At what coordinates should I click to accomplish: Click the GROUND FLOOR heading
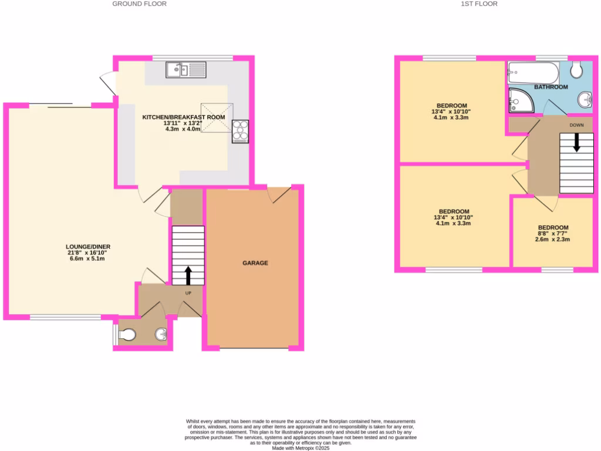140,4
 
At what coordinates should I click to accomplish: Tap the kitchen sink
185,70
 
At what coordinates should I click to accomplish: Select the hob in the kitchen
240,132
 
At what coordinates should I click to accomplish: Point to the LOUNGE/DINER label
89,247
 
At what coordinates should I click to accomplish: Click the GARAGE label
255,263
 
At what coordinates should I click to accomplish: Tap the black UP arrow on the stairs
188,274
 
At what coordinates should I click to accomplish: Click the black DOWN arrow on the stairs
577,142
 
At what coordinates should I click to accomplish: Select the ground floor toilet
126,335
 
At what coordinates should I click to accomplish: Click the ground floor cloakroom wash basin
161,335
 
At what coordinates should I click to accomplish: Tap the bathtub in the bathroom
532,73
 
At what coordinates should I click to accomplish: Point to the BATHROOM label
551,87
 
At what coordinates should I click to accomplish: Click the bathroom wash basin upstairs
585,99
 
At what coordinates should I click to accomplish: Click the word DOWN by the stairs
576,125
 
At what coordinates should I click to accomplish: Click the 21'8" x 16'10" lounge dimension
89,253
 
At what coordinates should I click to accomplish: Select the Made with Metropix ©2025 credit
300,447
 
